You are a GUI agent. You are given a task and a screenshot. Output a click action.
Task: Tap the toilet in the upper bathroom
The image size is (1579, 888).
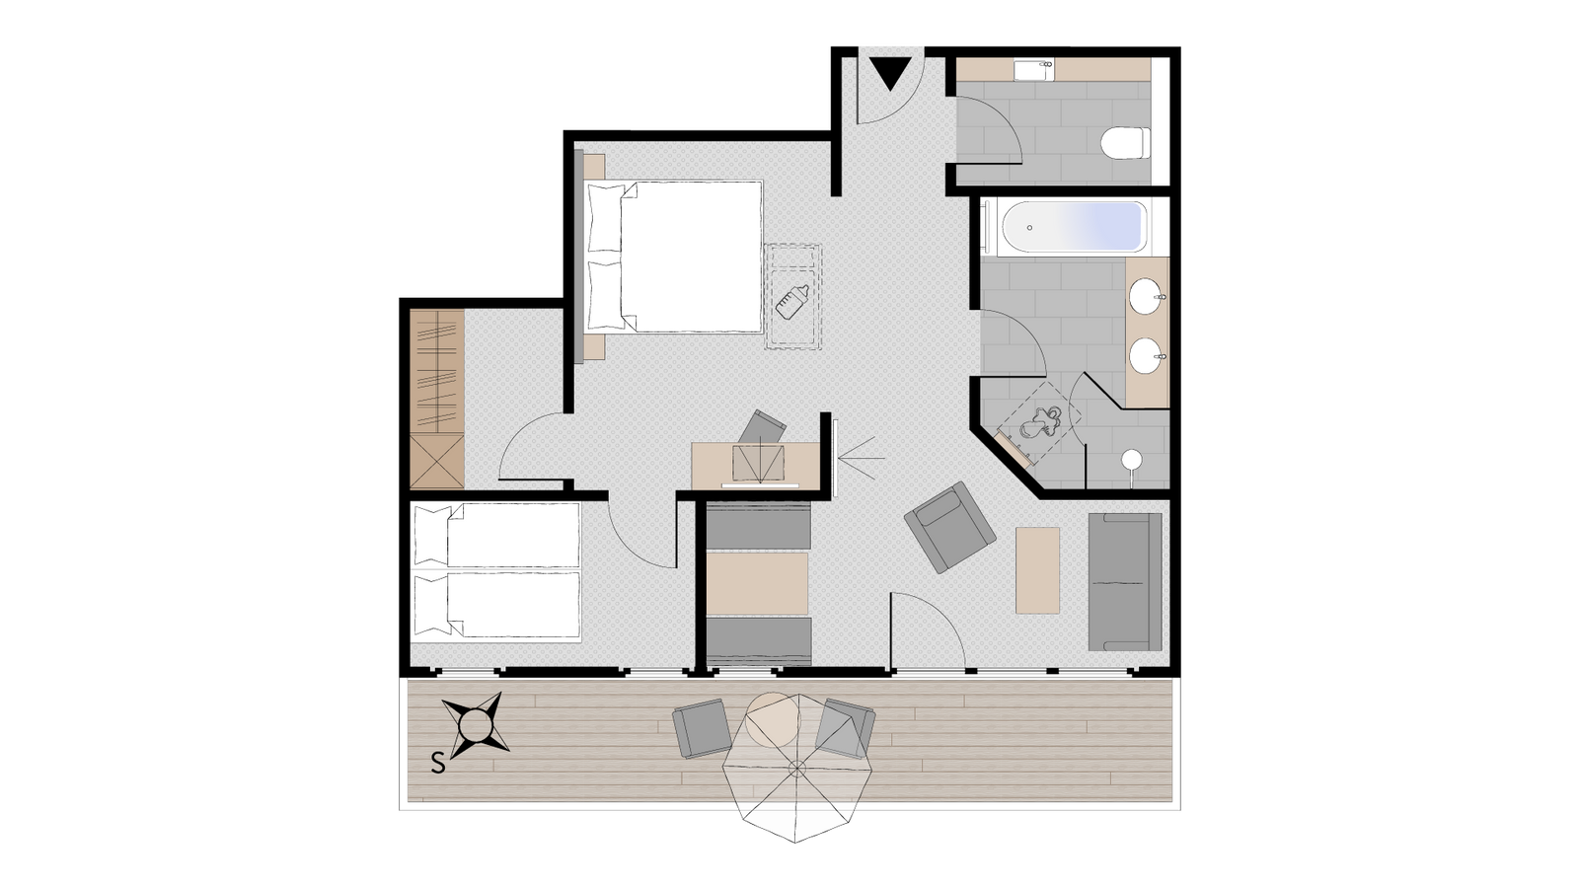pos(1126,143)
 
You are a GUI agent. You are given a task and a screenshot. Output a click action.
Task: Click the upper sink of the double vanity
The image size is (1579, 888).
pos(1147,297)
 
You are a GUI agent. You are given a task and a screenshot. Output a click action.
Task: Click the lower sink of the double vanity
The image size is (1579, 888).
pos(1147,356)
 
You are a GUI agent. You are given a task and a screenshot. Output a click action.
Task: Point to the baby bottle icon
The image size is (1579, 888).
pos(791,301)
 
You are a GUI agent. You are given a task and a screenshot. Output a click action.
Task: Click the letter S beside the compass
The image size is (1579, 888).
pos(438,764)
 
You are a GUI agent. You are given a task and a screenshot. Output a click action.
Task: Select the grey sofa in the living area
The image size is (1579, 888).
pos(1125,581)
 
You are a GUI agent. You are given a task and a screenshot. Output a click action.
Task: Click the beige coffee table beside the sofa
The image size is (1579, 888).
pos(1037,570)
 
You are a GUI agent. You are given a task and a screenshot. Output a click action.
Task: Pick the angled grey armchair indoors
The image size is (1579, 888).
pos(949,527)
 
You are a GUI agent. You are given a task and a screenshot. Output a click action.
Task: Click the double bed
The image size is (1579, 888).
pos(674,257)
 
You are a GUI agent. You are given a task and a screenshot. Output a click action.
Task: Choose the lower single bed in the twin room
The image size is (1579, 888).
pos(496,606)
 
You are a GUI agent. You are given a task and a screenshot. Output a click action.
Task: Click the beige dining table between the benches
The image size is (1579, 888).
pos(757,583)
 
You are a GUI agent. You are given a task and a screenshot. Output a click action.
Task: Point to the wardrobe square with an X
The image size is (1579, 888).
pos(437,462)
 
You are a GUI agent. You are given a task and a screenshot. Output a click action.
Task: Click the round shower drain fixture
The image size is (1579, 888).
pos(1132,460)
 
